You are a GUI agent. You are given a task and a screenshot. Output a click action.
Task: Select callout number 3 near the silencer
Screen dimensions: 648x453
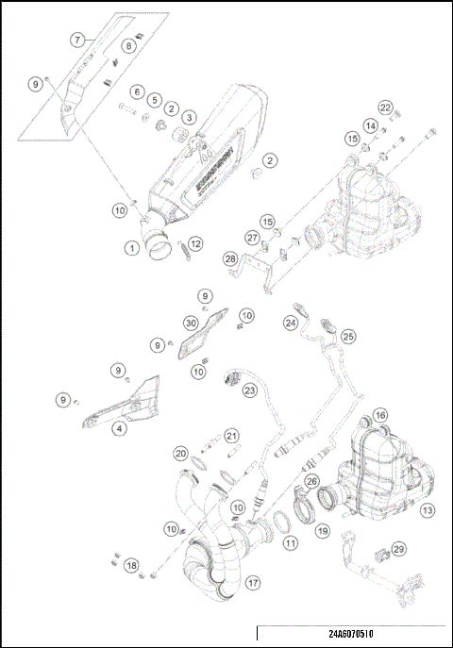pos(190,118)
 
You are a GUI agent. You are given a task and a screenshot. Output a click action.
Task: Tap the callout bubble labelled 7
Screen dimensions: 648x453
pos(78,40)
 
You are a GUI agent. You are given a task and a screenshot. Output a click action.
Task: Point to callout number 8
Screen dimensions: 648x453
pos(128,45)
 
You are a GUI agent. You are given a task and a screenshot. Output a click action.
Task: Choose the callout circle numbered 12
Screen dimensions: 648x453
pos(195,244)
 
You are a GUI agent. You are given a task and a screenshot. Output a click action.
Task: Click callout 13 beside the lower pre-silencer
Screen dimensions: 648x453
pos(428,510)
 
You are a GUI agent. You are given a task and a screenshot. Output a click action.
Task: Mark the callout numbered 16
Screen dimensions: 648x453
pos(380,415)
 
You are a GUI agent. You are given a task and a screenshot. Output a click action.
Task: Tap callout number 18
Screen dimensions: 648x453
pos(131,565)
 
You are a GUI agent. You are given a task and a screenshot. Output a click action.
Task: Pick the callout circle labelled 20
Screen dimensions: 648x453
pos(180,454)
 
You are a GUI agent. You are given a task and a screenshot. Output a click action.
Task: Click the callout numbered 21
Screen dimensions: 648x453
pos(231,436)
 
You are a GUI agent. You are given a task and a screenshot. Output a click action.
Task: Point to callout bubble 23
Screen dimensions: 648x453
pos(250,389)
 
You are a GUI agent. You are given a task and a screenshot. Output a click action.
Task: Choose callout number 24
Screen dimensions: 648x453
pos(292,323)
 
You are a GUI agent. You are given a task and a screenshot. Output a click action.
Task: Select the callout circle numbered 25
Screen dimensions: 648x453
pos(348,336)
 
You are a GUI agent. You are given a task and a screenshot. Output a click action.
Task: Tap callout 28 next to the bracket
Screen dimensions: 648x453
pos(229,258)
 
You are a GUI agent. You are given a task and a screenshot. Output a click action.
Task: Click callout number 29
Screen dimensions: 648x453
pos(399,549)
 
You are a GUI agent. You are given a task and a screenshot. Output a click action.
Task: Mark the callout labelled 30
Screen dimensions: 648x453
pos(191,324)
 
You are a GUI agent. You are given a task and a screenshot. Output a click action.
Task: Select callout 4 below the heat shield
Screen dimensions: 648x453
pos(119,428)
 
